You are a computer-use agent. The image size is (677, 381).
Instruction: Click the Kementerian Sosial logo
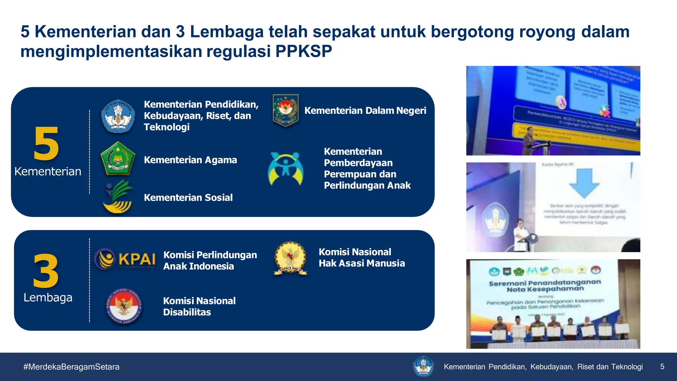(x=117, y=197)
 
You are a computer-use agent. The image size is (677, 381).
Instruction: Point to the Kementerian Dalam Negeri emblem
(x=286, y=110)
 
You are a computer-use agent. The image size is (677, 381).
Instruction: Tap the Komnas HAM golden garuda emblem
(x=290, y=258)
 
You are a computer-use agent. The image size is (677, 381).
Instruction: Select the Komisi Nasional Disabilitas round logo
(x=124, y=306)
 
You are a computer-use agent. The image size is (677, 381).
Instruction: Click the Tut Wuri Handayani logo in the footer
(x=423, y=366)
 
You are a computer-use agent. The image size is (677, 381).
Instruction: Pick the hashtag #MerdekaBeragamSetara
(x=71, y=367)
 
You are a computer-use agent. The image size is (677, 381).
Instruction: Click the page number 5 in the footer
(x=662, y=366)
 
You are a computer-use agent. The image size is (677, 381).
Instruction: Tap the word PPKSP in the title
(x=303, y=51)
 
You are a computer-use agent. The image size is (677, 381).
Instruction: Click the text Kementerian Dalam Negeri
(x=365, y=110)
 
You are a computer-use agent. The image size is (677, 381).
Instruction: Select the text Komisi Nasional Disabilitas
(x=199, y=306)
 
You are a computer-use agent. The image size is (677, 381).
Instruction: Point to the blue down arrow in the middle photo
(x=584, y=182)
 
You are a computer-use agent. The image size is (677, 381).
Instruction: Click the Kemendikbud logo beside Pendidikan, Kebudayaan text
(x=118, y=116)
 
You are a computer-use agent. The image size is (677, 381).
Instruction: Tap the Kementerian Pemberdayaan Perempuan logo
(x=285, y=168)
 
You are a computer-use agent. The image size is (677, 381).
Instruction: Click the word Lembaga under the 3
(x=48, y=297)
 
